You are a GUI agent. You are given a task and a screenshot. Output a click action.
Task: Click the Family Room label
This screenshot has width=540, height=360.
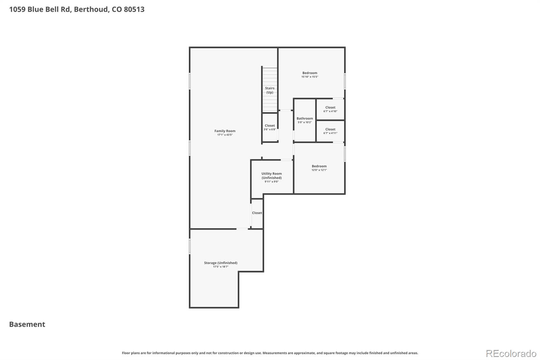[225, 131]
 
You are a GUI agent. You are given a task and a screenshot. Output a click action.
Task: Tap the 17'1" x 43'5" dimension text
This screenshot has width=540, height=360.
[225, 135]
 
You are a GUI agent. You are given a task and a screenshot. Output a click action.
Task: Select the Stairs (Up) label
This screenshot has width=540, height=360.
[270, 90]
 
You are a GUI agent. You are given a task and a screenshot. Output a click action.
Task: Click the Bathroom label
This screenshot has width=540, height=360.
[304, 119]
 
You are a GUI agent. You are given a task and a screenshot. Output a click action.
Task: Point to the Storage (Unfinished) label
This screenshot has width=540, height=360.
[220, 263]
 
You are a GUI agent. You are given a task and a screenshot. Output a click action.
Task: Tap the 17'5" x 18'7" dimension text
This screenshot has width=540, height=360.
[220, 267]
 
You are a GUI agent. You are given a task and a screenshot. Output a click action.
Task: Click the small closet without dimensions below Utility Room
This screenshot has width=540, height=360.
[257, 213]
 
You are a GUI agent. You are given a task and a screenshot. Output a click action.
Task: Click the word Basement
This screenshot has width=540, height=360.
[27, 324]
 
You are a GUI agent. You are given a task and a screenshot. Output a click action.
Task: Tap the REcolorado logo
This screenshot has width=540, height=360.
[511, 354]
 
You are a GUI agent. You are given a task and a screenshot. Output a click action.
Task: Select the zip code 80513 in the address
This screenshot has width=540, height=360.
[134, 9]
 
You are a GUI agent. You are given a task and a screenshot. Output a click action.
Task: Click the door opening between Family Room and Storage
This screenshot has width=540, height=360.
[242, 229]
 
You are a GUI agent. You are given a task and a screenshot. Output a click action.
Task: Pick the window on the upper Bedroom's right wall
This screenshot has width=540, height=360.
[345, 81]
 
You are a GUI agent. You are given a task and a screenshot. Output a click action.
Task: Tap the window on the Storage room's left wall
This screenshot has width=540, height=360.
[190, 246]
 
